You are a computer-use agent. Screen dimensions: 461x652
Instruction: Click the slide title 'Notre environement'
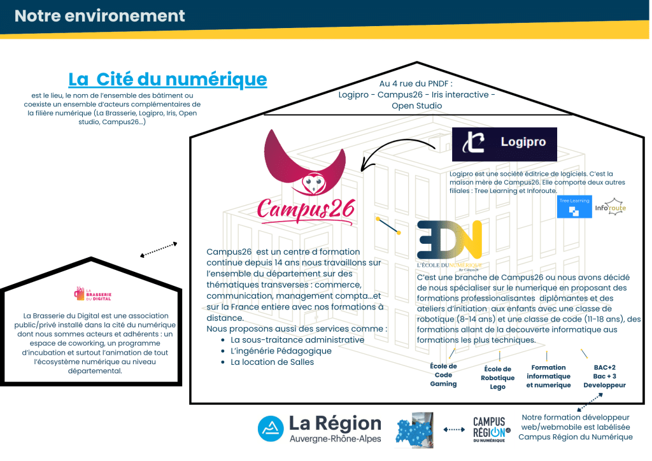pyautogui.click(x=100, y=16)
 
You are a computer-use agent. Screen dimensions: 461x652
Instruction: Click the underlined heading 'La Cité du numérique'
pyautogui.click(x=167, y=79)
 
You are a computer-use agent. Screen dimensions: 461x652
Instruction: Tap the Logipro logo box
pyautogui.click(x=504, y=144)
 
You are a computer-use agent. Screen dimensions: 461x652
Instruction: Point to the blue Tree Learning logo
pyautogui.click(x=574, y=208)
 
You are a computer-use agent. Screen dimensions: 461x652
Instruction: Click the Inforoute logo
pyautogui.click(x=610, y=206)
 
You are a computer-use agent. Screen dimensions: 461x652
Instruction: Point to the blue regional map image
pyautogui.click(x=416, y=429)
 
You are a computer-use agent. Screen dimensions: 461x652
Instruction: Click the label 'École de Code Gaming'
pyautogui.click(x=443, y=375)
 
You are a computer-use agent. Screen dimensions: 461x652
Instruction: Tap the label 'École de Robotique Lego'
pyautogui.click(x=498, y=378)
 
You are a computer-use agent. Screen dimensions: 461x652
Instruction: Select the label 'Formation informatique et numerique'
pyautogui.click(x=548, y=376)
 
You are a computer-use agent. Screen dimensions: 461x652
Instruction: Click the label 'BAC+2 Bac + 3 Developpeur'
pyautogui.click(x=604, y=376)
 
